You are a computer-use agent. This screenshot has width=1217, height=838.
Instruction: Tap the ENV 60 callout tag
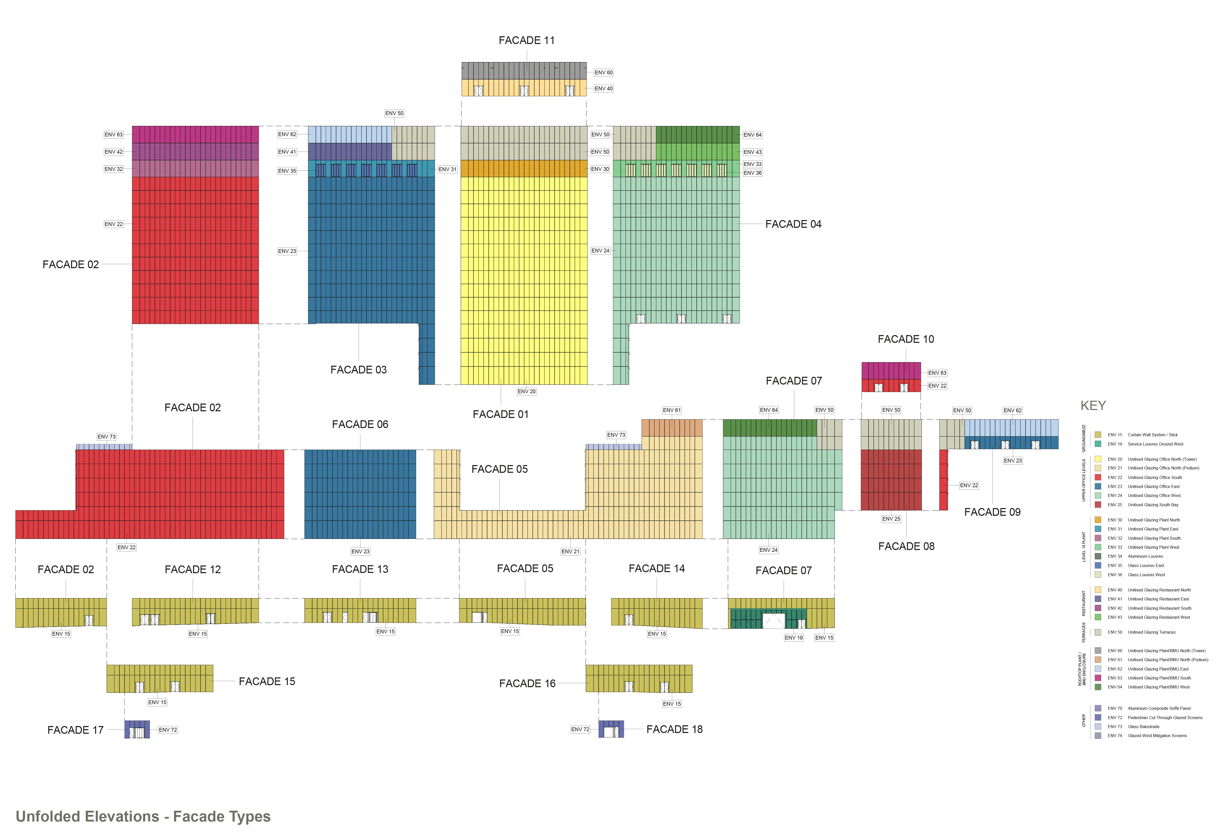click(603, 73)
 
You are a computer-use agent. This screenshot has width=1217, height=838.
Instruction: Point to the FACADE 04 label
click(793, 224)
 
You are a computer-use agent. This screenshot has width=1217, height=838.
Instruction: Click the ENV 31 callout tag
click(447, 169)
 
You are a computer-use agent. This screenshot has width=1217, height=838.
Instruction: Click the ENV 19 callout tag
click(793, 638)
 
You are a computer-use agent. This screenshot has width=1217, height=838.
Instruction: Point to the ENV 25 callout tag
click(891, 519)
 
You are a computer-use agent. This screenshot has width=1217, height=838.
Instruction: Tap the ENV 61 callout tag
click(671, 410)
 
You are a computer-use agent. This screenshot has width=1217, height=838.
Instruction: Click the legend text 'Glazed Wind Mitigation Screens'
click(1157, 736)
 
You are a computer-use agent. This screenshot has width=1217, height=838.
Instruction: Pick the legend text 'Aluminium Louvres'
click(1145, 556)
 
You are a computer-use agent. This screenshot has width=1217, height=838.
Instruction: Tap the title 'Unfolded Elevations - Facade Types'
click(143, 816)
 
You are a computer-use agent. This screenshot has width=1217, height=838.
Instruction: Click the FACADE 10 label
click(906, 339)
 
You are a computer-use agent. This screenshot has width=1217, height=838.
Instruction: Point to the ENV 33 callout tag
click(752, 164)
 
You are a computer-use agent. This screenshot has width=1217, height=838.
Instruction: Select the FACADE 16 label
click(527, 683)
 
